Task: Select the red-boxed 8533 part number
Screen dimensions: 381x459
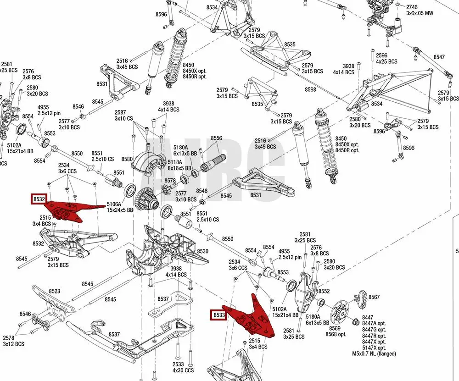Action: [218, 315]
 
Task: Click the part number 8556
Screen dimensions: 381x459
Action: [216, 138]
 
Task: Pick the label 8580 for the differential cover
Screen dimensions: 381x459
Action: [127, 159]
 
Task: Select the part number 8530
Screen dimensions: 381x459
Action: [202, 251]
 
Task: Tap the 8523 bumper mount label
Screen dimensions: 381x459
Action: [54, 291]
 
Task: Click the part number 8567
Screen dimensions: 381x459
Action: [374, 297]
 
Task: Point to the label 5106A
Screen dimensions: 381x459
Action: [114, 204]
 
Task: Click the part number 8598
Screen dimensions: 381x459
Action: [310, 89]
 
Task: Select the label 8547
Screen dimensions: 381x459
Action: [439, 57]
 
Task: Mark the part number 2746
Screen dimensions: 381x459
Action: [412, 7]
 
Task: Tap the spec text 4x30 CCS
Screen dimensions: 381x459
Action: [184, 370]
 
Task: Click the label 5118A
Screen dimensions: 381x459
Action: [175, 162]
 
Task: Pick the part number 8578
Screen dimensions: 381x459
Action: [170, 181]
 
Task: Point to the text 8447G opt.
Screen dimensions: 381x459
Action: [374, 330]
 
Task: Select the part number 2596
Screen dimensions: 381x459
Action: [381, 55]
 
